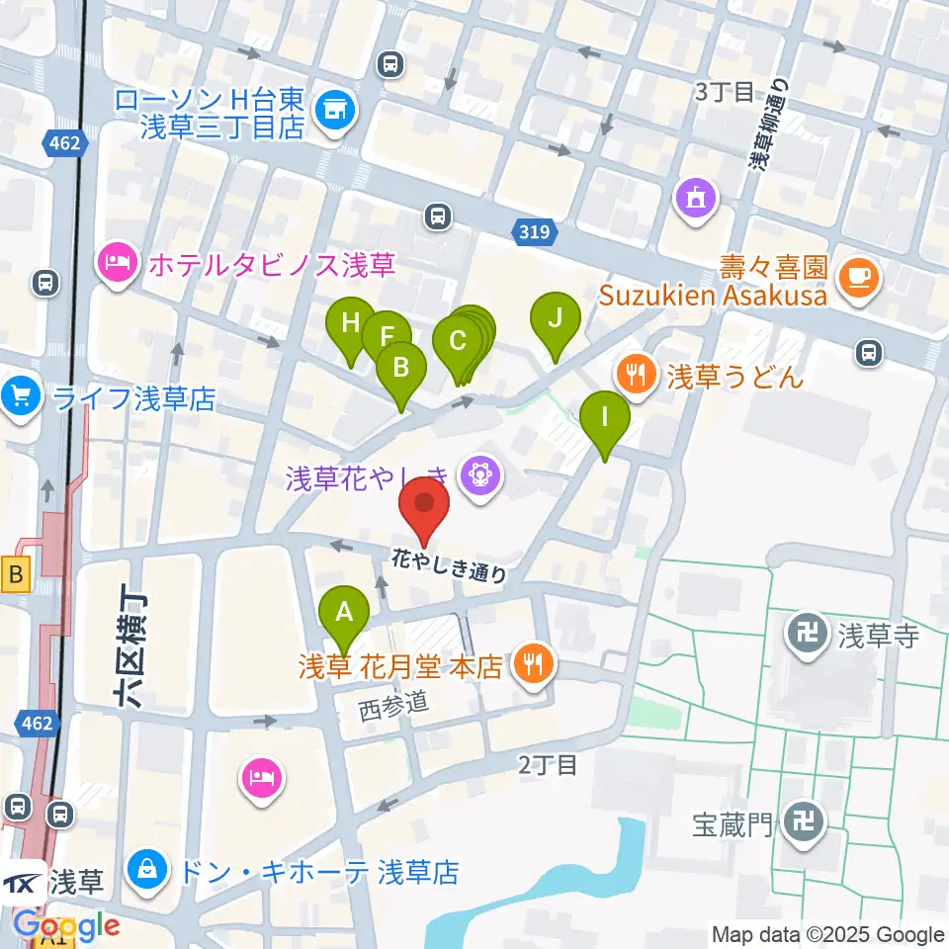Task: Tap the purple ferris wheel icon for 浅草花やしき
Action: tap(481, 478)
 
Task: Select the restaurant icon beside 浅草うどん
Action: tap(633, 375)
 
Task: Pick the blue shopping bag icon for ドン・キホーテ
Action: tap(147, 872)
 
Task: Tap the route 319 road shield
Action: tap(535, 233)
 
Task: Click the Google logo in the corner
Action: tap(66, 926)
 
